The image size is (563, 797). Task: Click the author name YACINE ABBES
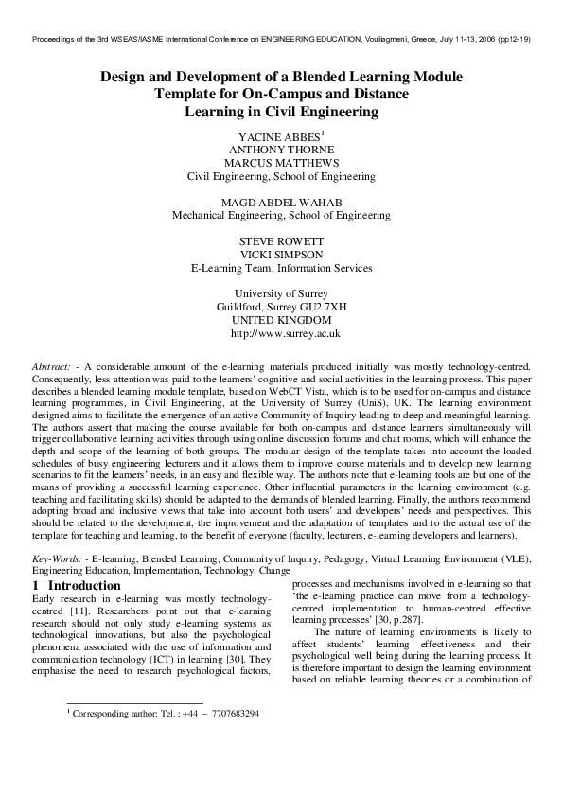coord(279,137)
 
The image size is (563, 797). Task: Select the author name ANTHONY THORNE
coord(281,150)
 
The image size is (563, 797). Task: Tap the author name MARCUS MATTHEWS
coord(281,163)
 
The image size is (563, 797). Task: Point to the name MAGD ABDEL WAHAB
coord(281,203)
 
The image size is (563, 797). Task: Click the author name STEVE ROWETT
coord(281,242)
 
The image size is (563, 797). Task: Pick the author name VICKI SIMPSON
coord(281,256)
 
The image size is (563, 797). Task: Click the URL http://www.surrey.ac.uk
coord(285,334)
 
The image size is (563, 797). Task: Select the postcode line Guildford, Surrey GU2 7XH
coord(281,308)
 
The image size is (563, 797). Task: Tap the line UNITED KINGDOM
coord(281,321)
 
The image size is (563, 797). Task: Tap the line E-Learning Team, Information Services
coord(281,269)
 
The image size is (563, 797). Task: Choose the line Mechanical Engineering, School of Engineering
coord(281,216)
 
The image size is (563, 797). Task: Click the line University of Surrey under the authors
coord(281,294)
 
